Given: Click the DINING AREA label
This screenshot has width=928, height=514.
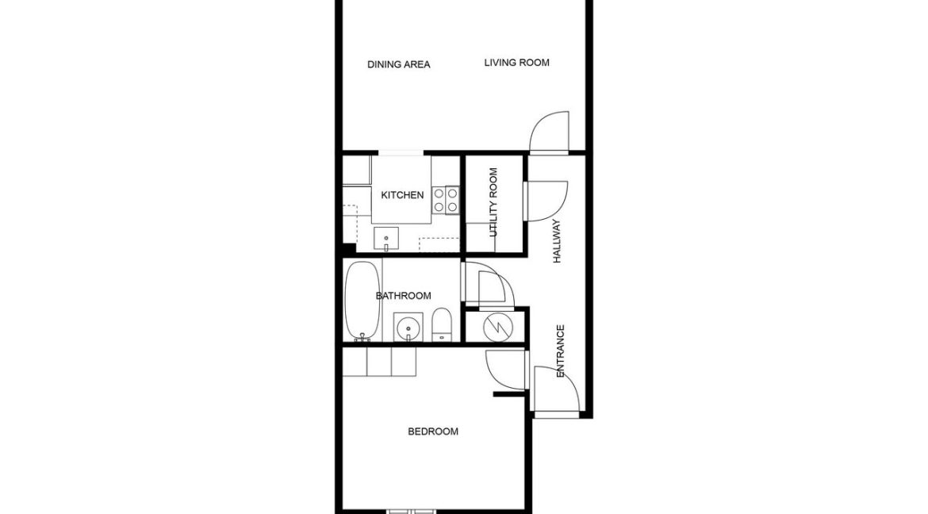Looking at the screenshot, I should click(398, 64).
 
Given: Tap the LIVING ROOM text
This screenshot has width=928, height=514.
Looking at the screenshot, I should click(517, 63).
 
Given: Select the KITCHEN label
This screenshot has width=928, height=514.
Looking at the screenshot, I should click(402, 195).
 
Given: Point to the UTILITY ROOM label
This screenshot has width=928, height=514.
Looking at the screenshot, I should click(493, 202).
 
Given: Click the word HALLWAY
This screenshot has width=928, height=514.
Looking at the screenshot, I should click(557, 241).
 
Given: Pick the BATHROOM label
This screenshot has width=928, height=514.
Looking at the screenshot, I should click(403, 296).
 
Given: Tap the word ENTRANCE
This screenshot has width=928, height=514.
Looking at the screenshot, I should click(561, 350).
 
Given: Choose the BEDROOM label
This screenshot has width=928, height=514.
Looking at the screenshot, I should click(432, 432).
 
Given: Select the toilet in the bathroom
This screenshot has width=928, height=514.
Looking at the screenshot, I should click(442, 325).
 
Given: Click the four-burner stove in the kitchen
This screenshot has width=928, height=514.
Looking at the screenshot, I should click(446, 199).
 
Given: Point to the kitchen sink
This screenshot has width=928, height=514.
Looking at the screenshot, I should click(386, 237).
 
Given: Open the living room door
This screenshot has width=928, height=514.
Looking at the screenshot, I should click(550, 132).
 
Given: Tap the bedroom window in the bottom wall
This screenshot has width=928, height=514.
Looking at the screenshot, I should click(411, 509).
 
